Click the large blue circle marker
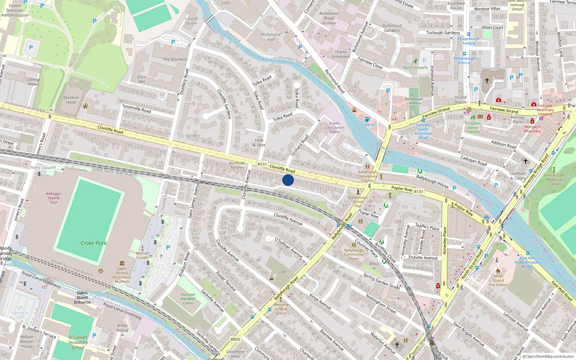tap(288, 180)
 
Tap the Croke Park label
tap(94, 243)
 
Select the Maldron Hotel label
tap(71, 100)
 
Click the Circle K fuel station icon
tap(367, 119)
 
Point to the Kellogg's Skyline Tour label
tap(54, 198)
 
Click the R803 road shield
tap(235, 339)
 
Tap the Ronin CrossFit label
tap(415, 67)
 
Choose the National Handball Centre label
tap(188, 299)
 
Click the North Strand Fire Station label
tap(498, 280)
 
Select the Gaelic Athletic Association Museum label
tap(122, 275)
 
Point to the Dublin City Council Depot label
tap(334, 127)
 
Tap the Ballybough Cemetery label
tap(414, 101)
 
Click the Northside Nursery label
tap(237, 165)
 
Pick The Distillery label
tap(175, 59)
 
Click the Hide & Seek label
tap(259, 143)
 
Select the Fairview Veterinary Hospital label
tap(545, 110)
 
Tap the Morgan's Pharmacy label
tap(532, 129)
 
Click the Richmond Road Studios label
tap(329, 18)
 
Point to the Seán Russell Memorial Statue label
tap(554, 179)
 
